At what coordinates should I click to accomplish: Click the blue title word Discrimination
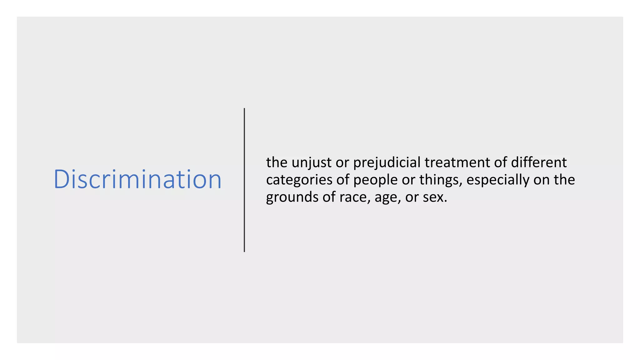[137, 179]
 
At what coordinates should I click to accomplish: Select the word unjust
[311, 163]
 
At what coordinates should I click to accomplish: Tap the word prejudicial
[387, 163]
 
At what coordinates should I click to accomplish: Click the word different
[538, 162]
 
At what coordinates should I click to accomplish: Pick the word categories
[299, 180]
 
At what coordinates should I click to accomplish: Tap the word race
[352, 197]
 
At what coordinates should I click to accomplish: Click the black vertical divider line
[244, 180]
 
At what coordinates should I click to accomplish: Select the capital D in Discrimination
[61, 179]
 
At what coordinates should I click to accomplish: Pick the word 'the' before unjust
[277, 162]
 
